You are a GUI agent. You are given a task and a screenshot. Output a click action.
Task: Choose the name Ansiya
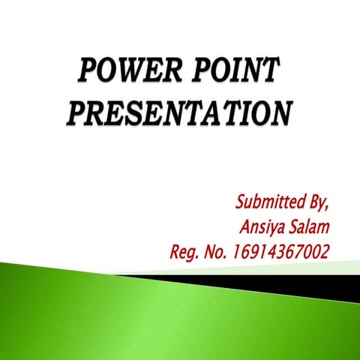[263, 227]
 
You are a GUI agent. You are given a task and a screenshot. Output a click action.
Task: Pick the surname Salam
[309, 226]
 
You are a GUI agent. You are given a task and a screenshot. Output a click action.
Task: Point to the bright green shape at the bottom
[112, 315]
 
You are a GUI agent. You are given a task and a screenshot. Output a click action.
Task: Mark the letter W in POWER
[132, 75]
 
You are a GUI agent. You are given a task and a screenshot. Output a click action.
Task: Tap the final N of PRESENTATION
[278, 113]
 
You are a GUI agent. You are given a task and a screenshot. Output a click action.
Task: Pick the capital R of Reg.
[177, 250]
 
